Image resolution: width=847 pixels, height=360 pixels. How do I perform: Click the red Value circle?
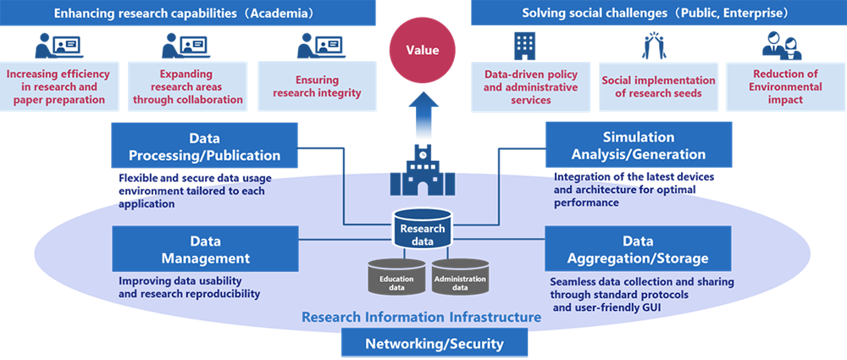click(x=423, y=50)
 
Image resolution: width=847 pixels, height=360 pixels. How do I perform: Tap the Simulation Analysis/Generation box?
click(x=639, y=146)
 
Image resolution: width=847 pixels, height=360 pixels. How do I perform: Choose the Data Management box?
click(x=206, y=249)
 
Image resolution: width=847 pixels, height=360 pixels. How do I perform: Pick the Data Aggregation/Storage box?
click(x=639, y=249)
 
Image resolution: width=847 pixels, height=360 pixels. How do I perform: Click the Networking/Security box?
click(x=434, y=344)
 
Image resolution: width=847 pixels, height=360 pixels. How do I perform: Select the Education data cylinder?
click(x=396, y=281)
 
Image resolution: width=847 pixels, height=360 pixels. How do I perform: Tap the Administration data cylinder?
click(x=459, y=281)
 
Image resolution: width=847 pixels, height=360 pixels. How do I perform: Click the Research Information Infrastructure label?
click(x=421, y=317)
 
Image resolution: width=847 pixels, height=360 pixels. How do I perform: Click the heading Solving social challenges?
click(x=655, y=13)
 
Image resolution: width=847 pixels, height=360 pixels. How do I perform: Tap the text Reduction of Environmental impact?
click(x=787, y=86)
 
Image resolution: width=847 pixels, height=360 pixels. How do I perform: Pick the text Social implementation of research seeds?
click(x=658, y=86)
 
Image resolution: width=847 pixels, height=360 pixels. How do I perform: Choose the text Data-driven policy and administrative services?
click(x=530, y=86)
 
